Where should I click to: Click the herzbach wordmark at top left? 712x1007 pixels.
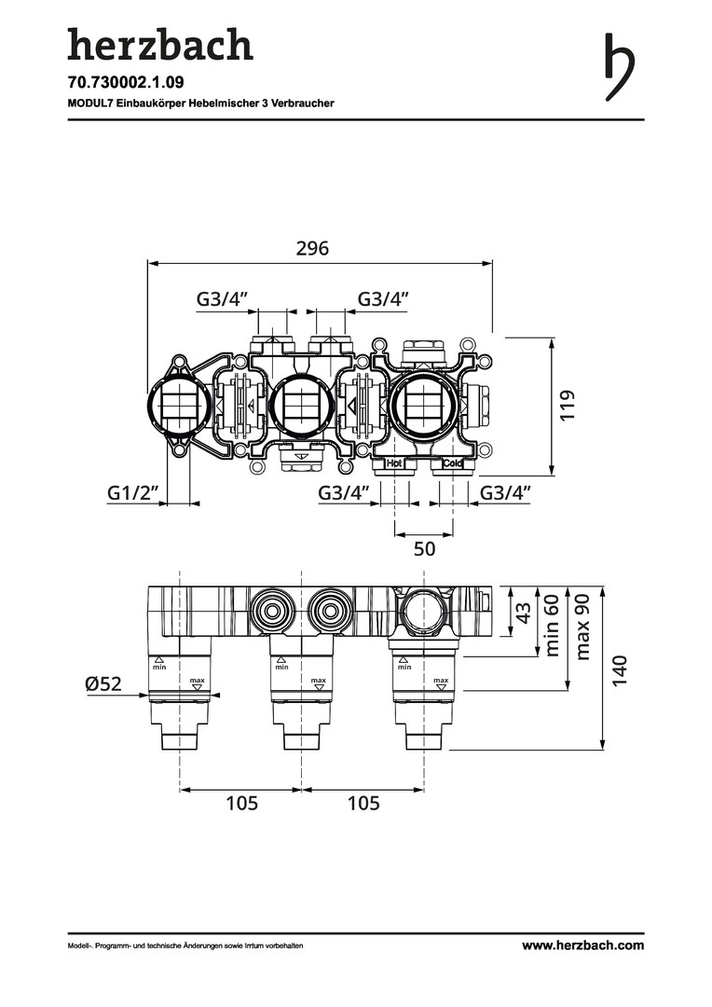click(x=159, y=45)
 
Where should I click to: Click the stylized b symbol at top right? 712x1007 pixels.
click(x=618, y=67)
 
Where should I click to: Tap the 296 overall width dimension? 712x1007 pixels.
click(x=313, y=249)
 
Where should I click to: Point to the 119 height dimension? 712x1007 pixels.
click(x=568, y=407)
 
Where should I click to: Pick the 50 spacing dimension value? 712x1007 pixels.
click(x=424, y=549)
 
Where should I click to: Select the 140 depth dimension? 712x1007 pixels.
click(x=622, y=670)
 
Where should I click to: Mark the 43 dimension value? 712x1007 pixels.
click(x=524, y=613)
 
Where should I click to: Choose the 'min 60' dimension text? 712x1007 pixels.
click(x=552, y=624)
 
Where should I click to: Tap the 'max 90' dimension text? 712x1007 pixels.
click(x=584, y=626)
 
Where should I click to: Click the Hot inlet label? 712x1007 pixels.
click(x=394, y=463)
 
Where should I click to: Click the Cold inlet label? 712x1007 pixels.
click(x=453, y=463)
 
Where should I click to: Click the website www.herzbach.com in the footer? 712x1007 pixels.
click(x=582, y=945)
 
